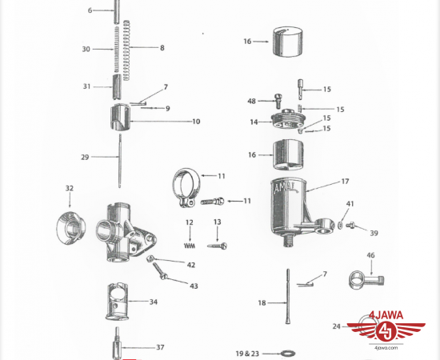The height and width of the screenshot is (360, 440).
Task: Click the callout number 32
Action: (70, 188)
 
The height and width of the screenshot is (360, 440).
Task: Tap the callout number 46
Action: (370, 255)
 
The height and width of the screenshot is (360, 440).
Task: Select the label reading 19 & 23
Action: (247, 354)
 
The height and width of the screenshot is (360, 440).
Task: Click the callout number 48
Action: (251, 101)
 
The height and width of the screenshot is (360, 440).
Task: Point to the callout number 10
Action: (196, 122)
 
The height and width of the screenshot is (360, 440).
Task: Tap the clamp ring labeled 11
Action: (186, 187)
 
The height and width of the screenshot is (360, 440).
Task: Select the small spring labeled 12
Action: (190, 246)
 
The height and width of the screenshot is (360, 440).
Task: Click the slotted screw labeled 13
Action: (217, 246)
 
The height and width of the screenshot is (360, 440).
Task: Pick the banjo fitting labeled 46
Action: (366, 280)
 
